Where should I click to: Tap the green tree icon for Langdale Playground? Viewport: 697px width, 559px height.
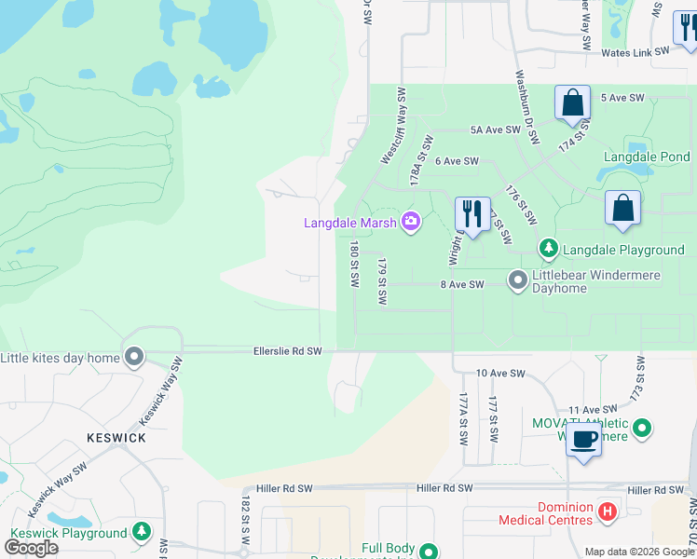pos(549,249)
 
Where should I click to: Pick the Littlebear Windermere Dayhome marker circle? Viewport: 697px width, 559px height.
pos(517,279)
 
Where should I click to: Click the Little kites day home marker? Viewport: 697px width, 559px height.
pos(135,357)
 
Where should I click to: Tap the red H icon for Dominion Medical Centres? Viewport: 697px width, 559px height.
pos(608,511)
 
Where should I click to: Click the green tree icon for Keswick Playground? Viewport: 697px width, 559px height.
pos(142,532)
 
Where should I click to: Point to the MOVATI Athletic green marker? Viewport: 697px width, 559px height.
pos(642,428)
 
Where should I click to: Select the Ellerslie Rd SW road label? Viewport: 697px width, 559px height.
pos(287,351)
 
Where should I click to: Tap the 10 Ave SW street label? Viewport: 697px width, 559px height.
pos(500,373)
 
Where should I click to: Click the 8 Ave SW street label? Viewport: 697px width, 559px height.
pos(462,284)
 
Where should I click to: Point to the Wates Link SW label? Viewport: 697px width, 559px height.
pos(636,53)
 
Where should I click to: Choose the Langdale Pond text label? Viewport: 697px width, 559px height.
pos(647,157)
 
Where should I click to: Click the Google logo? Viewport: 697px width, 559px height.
pos(31,548)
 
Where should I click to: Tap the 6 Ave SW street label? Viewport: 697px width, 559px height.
pos(456,161)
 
